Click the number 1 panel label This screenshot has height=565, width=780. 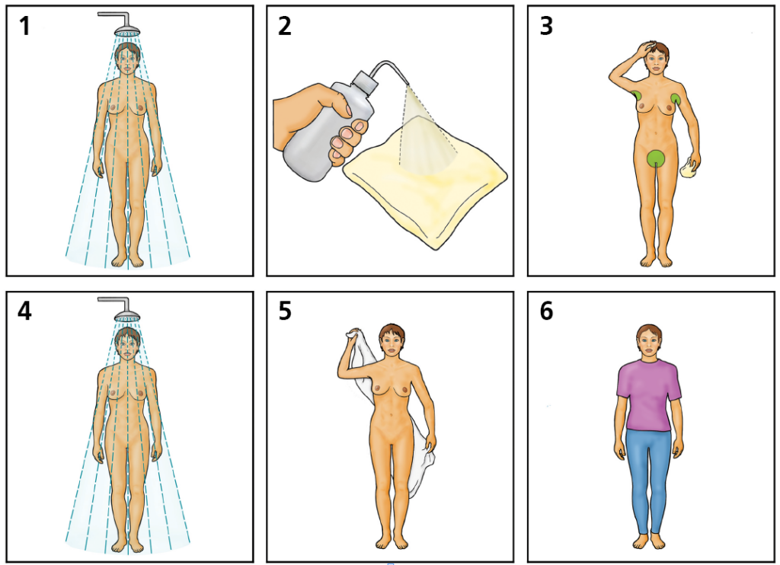tap(24, 27)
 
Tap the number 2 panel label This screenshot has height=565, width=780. tap(285, 27)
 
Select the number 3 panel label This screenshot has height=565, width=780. tap(546, 27)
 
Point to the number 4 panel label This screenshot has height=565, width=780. tap(24, 311)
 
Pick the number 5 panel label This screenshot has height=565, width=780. tap(285, 311)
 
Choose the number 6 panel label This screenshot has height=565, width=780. tap(546, 311)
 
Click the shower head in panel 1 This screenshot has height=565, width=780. tap(126, 30)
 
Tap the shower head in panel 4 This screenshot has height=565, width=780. tap(126, 315)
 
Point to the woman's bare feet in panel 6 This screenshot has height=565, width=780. tap(647, 541)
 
